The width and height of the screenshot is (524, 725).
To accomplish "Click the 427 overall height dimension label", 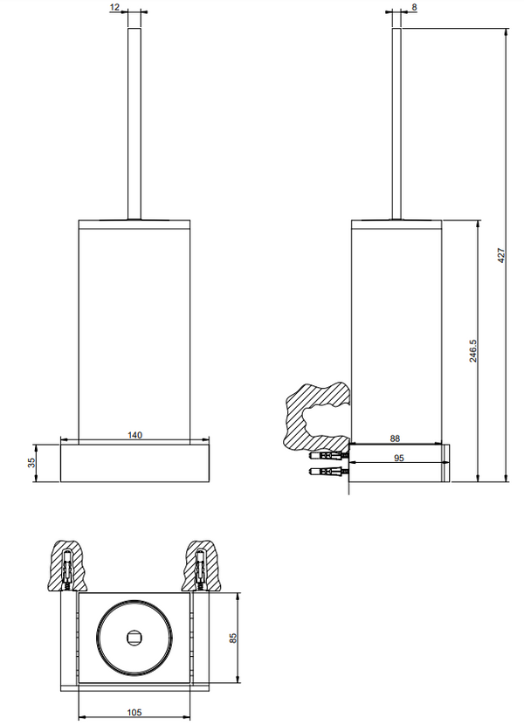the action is tap(501, 256).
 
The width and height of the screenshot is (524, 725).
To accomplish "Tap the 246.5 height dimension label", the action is tap(473, 350).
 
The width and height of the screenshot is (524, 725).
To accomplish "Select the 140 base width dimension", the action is tap(135, 435).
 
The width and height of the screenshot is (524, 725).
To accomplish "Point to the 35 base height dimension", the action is tap(31, 462).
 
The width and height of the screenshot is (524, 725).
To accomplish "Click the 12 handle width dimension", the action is tap(115, 7).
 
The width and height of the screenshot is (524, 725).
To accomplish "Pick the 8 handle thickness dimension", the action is tap(414, 7).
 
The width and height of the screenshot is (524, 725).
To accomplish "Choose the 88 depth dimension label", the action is tap(395, 438).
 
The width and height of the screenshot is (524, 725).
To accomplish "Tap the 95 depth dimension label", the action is tap(398, 458).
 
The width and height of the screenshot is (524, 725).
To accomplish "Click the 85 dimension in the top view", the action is tap(233, 638).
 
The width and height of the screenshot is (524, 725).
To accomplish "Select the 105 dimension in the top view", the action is tap(134, 713).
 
